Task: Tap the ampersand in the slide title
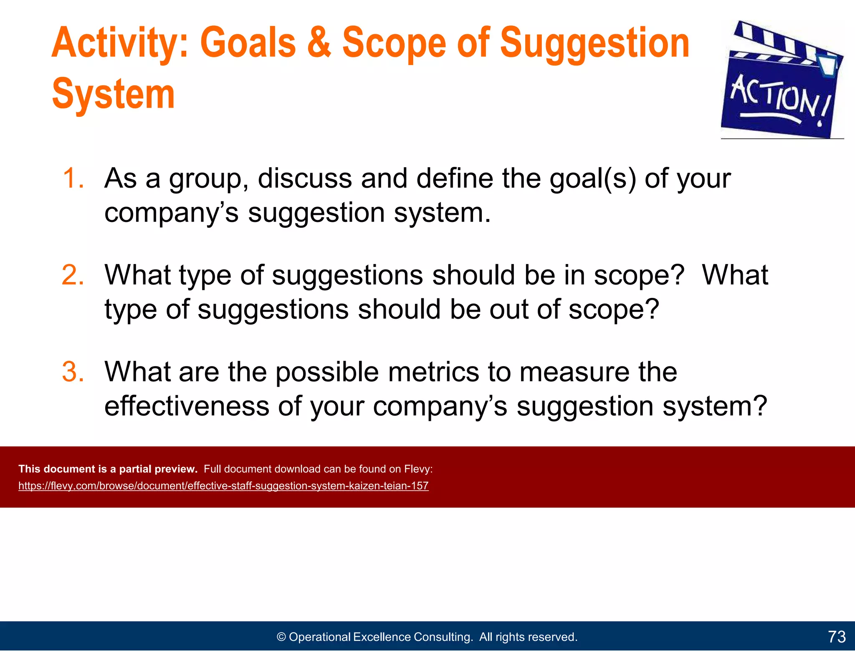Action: (x=319, y=43)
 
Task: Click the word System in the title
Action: (x=113, y=94)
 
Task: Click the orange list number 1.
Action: (x=73, y=179)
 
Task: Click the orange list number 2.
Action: (x=73, y=275)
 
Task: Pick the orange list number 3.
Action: (x=73, y=372)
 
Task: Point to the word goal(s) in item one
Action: (x=593, y=179)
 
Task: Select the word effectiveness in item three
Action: (x=187, y=406)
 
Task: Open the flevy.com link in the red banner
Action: (x=223, y=486)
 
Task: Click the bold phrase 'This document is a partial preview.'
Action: (x=108, y=469)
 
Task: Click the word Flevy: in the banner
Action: (x=418, y=469)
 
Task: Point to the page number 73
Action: (x=837, y=637)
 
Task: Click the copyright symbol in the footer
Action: (x=281, y=637)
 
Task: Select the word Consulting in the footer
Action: (x=443, y=637)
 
